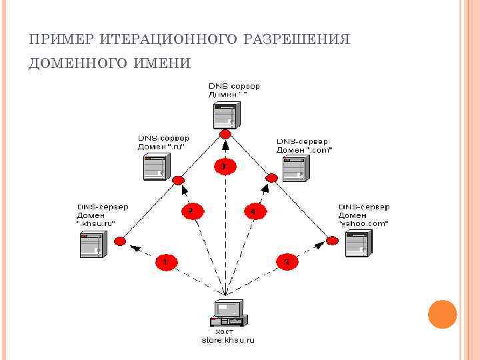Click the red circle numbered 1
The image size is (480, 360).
[165, 262]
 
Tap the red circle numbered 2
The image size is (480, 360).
[190, 211]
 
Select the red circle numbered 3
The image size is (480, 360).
[225, 165]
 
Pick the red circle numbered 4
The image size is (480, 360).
[253, 211]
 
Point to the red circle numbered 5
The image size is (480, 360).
[286, 262]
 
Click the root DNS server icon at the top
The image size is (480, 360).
[225, 115]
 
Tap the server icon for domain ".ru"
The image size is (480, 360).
[156, 166]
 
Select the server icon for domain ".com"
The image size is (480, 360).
[293, 167]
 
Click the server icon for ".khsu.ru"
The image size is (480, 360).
[91, 244]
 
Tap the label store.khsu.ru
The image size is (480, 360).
[228, 340]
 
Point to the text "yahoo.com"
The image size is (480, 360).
[363, 224]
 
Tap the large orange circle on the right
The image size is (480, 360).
[442, 314]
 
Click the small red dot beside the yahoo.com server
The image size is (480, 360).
[329, 239]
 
